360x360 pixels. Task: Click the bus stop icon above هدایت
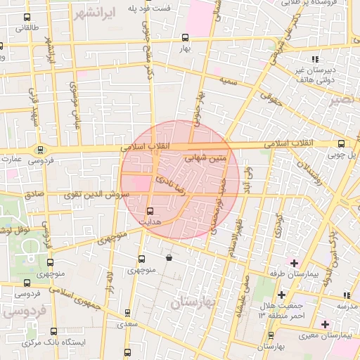pos(150,210)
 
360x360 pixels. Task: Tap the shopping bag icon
pos(169,258)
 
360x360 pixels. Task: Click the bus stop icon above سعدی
pos(127,312)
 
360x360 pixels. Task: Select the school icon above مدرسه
pos(345,295)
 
